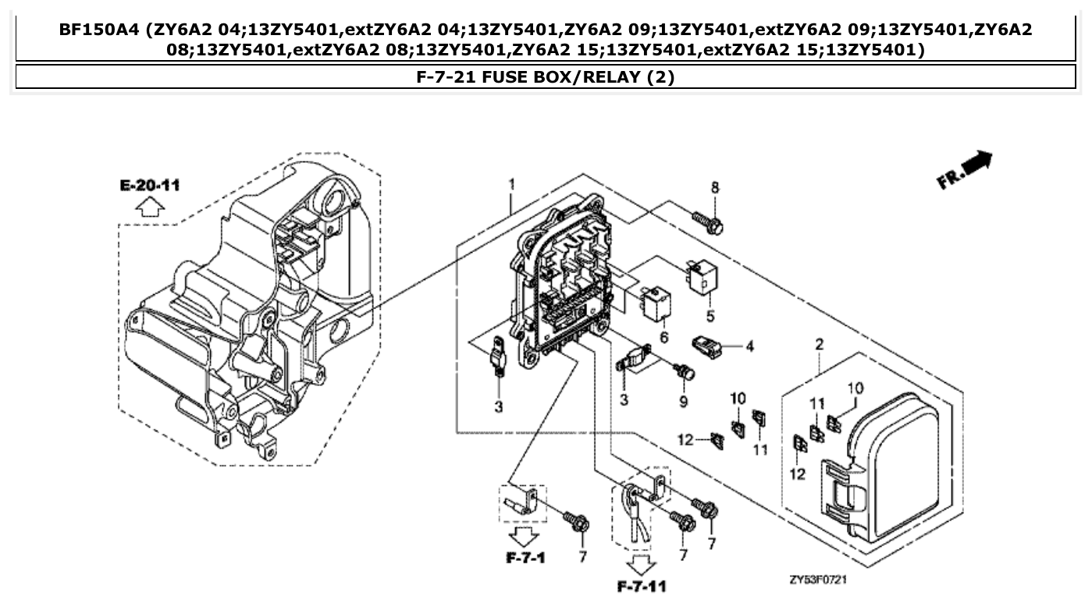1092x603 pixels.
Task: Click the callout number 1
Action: pyautogui.click(x=511, y=184)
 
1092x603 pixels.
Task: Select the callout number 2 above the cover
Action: pyautogui.click(x=819, y=344)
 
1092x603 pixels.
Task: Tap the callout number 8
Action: pyautogui.click(x=714, y=187)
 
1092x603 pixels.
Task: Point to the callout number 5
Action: pyautogui.click(x=710, y=316)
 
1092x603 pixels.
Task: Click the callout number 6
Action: pyautogui.click(x=664, y=337)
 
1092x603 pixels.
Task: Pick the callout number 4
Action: pyautogui.click(x=749, y=346)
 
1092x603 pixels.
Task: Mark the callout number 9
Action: pyautogui.click(x=683, y=402)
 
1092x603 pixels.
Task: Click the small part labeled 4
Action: pyautogui.click(x=706, y=346)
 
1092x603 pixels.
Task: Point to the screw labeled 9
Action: pyautogui.click(x=686, y=372)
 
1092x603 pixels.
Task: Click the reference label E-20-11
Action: pyautogui.click(x=150, y=185)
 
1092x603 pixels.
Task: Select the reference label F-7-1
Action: pyautogui.click(x=525, y=558)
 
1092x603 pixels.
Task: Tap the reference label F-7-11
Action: pyautogui.click(x=642, y=585)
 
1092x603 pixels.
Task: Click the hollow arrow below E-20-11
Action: pyautogui.click(x=150, y=207)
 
